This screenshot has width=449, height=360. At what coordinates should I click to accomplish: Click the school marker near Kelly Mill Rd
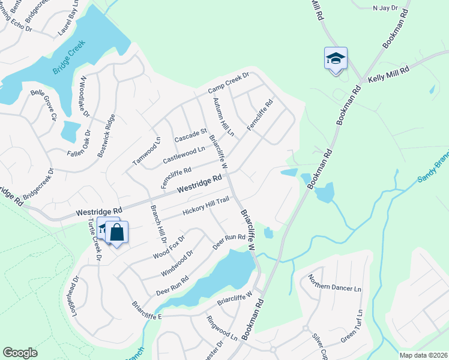(x=336, y=59)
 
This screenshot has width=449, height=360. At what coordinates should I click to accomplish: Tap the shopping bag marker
(x=117, y=233)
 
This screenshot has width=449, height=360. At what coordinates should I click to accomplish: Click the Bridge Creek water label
(x=70, y=58)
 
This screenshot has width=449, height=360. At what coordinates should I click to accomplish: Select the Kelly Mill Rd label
(x=388, y=74)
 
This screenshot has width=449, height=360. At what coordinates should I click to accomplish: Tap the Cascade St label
(x=190, y=135)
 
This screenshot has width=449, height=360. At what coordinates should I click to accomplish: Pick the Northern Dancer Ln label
(x=334, y=283)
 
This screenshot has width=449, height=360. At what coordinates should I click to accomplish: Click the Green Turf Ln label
(x=351, y=327)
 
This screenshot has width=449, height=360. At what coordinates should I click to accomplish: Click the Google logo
(x=20, y=353)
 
